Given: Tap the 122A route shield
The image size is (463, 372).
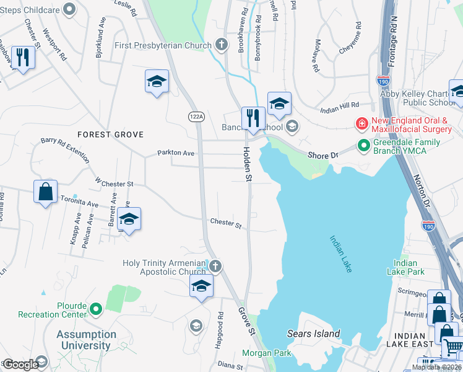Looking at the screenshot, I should click(x=197, y=117).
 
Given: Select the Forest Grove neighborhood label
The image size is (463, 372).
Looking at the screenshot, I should click(x=110, y=135).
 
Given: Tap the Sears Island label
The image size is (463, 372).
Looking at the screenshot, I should click(x=314, y=334).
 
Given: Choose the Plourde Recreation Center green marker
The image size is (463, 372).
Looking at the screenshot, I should click(x=96, y=308).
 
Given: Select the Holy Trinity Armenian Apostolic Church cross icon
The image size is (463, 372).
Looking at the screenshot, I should click(x=215, y=267).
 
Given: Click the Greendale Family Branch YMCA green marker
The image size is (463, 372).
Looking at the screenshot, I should click(x=363, y=146).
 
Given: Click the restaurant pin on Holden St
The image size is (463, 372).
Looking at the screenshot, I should click(x=253, y=118).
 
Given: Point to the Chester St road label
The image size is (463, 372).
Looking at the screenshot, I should click(x=225, y=223).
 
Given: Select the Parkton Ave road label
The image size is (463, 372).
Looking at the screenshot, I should click(x=176, y=153).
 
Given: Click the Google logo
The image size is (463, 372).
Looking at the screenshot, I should click(x=21, y=365).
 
